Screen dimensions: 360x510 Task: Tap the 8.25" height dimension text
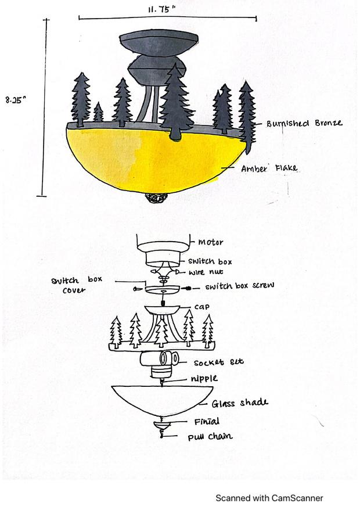[x=17, y=100]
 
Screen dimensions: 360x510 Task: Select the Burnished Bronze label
[x=304, y=123]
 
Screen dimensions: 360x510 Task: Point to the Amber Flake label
[x=269, y=168]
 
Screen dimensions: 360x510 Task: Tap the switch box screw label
[x=240, y=286]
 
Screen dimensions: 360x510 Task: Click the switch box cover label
[x=76, y=284]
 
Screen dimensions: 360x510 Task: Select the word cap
[x=203, y=306]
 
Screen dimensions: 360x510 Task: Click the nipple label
[x=204, y=379]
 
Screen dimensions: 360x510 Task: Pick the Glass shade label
[x=240, y=403]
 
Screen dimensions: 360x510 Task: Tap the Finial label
[x=207, y=422]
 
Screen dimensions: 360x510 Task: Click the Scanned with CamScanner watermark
[x=269, y=498]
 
